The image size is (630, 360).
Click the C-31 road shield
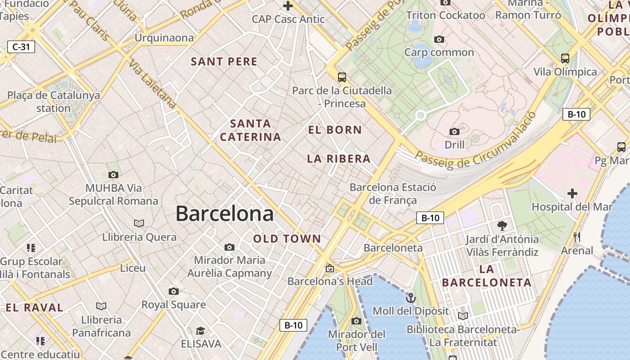click(x=21, y=46)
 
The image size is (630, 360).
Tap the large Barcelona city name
click(x=225, y=213)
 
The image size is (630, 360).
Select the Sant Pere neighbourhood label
click(x=224, y=62)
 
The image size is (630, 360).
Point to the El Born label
click(x=335, y=130)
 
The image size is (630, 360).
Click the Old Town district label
click(x=287, y=239)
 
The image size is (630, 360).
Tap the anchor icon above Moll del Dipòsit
click(x=410, y=298)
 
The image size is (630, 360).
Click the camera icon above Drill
click(x=454, y=131)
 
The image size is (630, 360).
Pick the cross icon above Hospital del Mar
click(x=572, y=193)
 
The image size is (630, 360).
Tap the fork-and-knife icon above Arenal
click(x=577, y=237)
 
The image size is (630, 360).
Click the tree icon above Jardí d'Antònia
click(x=502, y=225)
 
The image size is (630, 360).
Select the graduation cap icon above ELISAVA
click(x=201, y=331)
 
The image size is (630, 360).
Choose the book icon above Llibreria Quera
click(x=139, y=223)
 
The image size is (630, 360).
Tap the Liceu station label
click(x=133, y=268)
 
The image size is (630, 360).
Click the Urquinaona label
click(x=164, y=38)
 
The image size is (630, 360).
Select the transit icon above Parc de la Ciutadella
click(x=342, y=77)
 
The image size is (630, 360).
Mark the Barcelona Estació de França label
click(x=393, y=193)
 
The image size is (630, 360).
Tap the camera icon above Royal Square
click(x=174, y=291)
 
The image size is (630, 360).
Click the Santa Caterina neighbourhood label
click(x=251, y=130)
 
